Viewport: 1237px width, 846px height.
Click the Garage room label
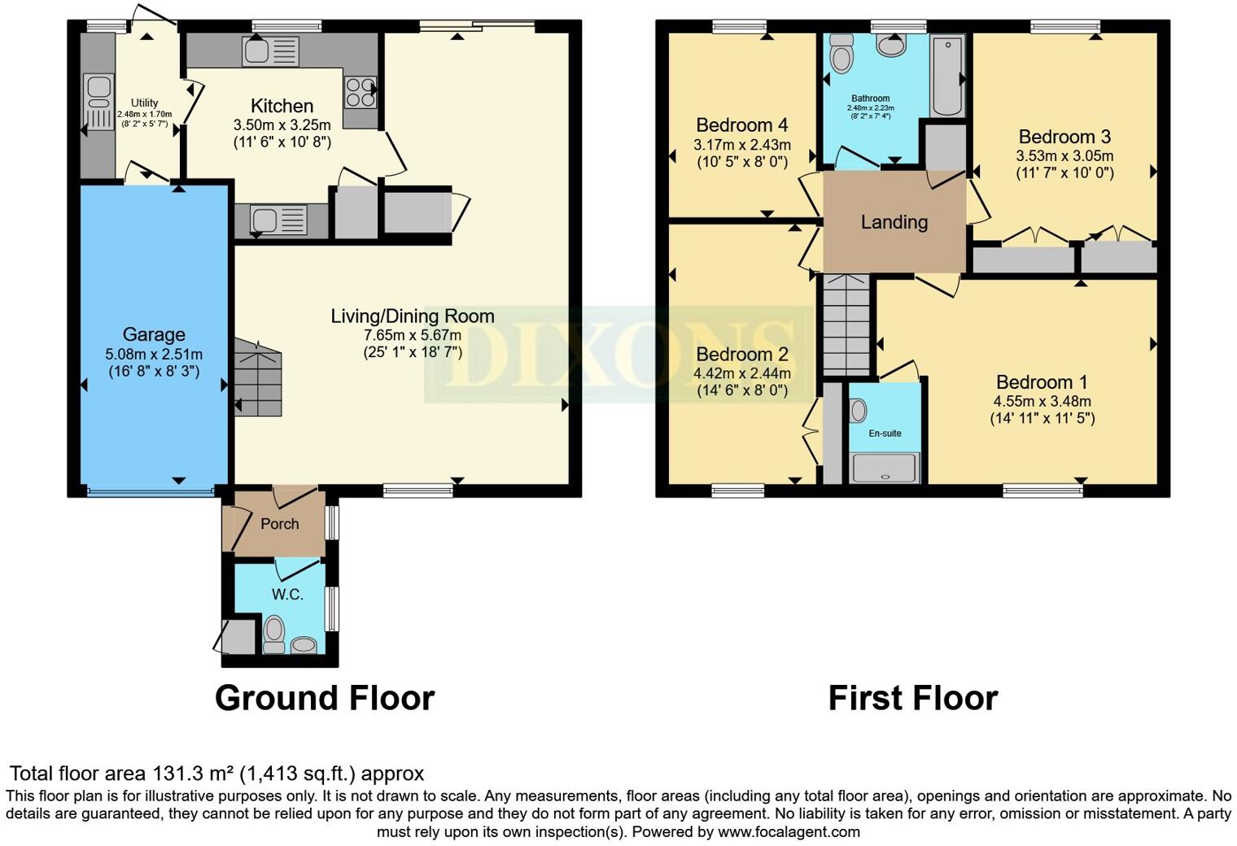pyautogui.click(x=154, y=334)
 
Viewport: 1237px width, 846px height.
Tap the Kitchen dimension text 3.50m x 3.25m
pyautogui.click(x=282, y=125)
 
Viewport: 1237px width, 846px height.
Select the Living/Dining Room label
pyautogui.click(x=412, y=316)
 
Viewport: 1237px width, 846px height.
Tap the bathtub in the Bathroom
pyautogui.click(x=947, y=76)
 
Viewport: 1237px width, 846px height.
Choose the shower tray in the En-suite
pyautogui.click(x=885, y=469)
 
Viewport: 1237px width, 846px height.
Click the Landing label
pyautogui.click(x=894, y=222)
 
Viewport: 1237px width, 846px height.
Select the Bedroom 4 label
pyautogui.click(x=741, y=125)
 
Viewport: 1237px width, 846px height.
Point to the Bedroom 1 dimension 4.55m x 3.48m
pyautogui.click(x=1042, y=401)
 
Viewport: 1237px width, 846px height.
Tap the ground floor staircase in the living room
pyautogui.click(x=259, y=377)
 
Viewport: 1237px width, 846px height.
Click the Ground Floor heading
pyautogui.click(x=324, y=698)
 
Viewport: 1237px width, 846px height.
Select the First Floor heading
pyautogui.click(x=912, y=698)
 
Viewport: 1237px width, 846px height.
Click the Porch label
pyautogui.click(x=279, y=524)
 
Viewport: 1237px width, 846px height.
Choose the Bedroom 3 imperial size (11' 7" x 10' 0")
pyautogui.click(x=1064, y=172)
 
